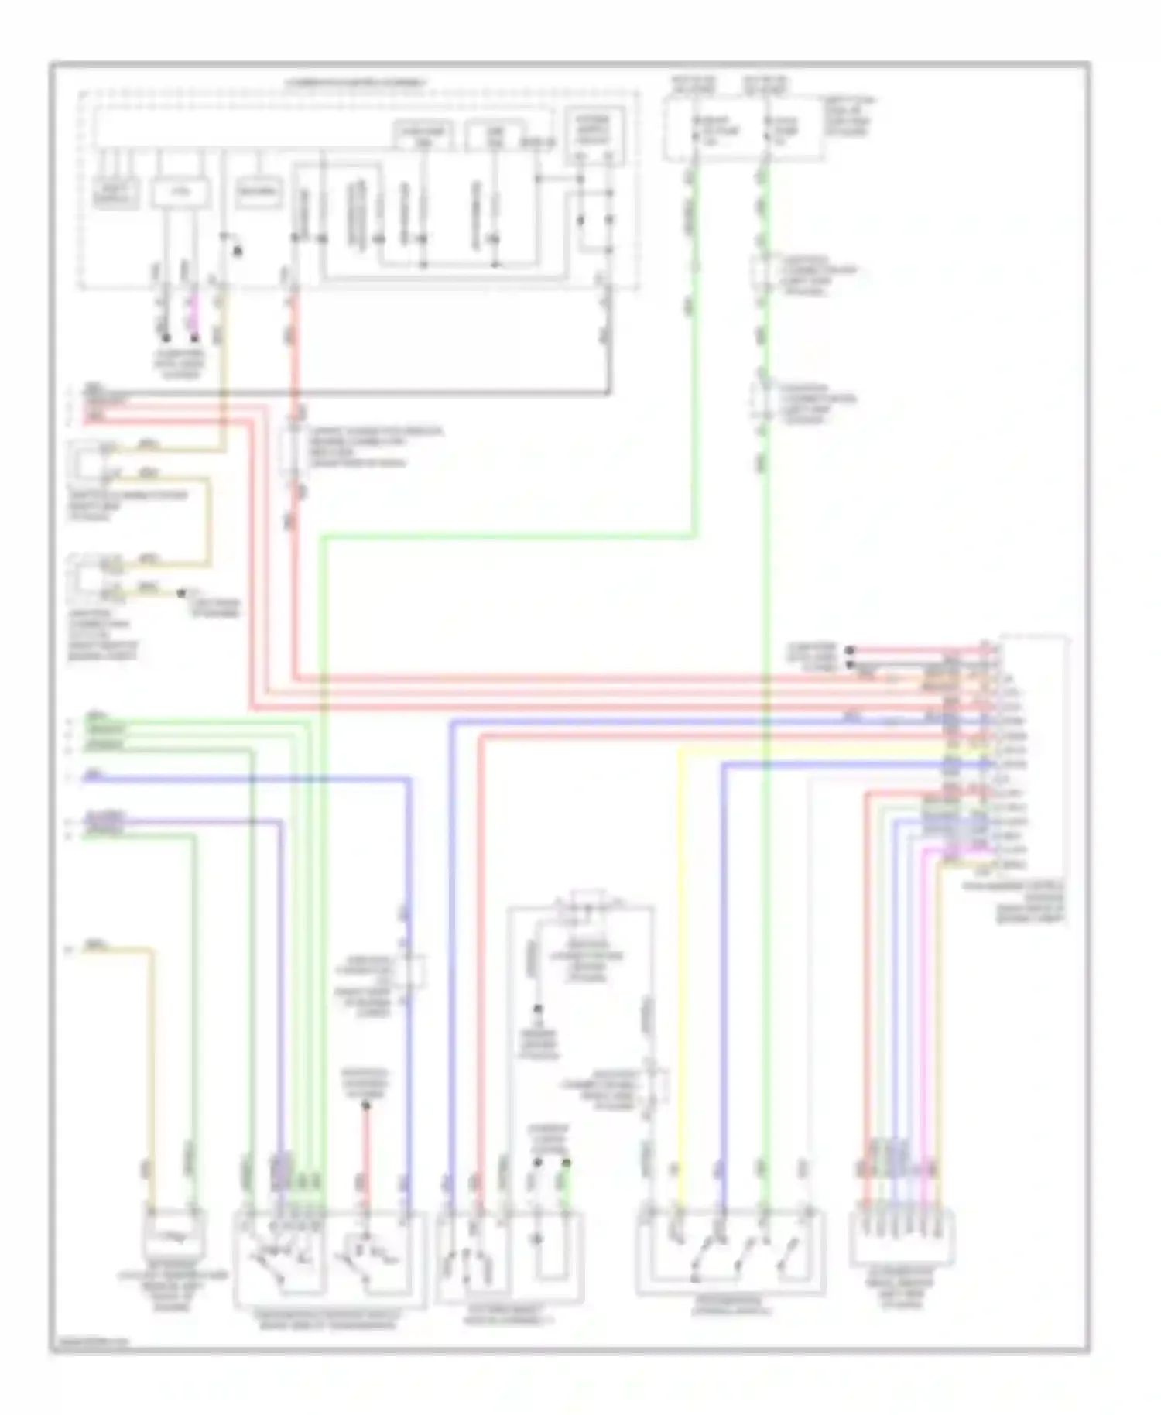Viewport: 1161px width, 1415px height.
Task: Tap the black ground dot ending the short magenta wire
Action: click(195, 338)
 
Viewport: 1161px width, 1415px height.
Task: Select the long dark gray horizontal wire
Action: click(348, 392)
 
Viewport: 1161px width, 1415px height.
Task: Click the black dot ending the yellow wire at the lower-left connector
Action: click(181, 593)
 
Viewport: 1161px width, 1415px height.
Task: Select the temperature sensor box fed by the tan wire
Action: click(173, 1231)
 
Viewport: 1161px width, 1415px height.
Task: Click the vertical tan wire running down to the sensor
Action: click(152, 1068)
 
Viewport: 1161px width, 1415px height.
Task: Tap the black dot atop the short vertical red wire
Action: click(366, 1105)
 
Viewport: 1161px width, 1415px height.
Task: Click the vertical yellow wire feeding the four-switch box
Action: click(680, 968)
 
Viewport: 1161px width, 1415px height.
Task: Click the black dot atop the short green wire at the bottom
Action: click(567, 1163)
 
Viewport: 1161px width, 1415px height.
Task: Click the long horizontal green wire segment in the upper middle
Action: click(503, 535)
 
